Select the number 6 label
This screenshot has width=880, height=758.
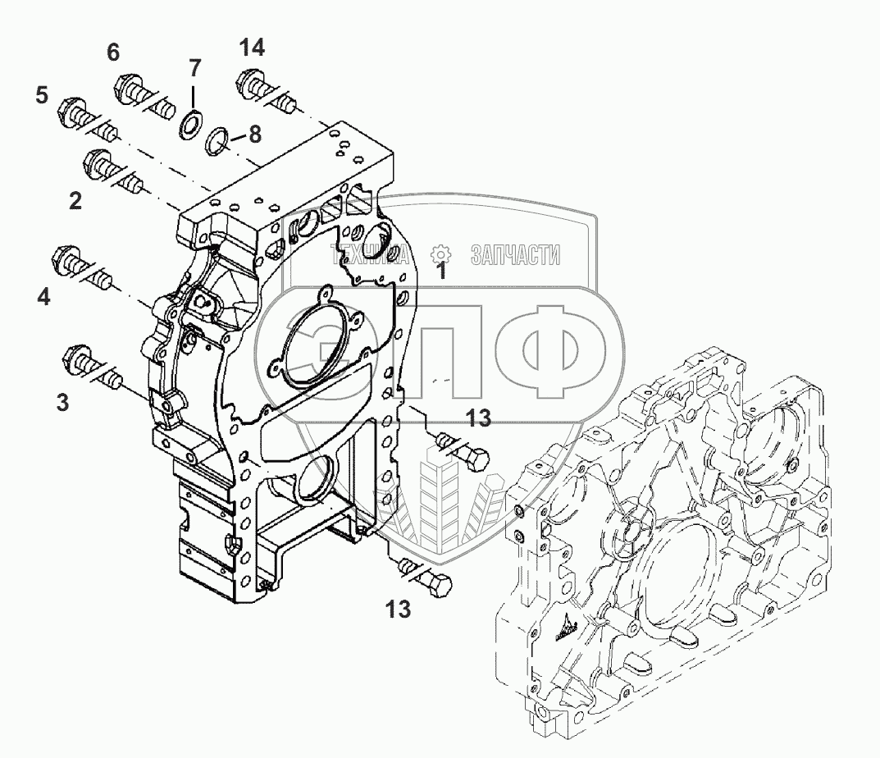coord(112,53)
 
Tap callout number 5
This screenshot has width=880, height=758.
coord(41,95)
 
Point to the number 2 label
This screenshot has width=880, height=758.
coord(75,200)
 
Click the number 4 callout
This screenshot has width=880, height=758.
coord(43,296)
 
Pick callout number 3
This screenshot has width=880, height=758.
coord(62,402)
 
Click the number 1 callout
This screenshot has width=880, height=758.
coord(441,270)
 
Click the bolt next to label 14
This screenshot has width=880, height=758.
coord(263,90)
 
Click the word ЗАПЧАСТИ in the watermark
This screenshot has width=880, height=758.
coord(515,255)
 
